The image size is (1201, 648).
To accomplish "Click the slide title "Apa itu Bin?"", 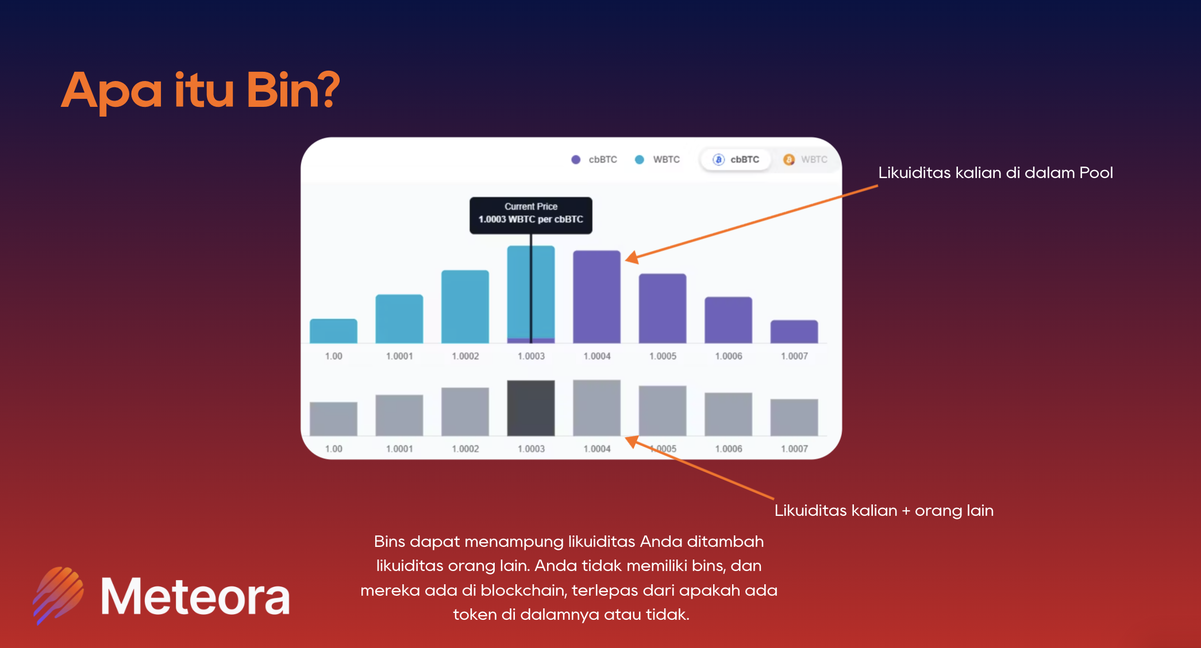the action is tap(201, 90).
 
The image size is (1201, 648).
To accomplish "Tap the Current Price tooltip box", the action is tap(531, 215).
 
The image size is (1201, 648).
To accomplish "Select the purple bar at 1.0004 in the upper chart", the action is tap(596, 296).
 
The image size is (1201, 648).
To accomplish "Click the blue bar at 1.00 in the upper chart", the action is tap(333, 331).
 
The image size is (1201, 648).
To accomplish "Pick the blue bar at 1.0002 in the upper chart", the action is tap(465, 306).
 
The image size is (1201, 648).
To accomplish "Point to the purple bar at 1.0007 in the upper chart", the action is tap(794, 331).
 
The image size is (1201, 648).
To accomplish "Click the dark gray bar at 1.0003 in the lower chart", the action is tap(531, 408).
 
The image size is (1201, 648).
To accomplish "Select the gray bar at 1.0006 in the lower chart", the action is tap(728, 414).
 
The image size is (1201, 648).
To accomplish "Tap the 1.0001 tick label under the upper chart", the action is tap(399, 356).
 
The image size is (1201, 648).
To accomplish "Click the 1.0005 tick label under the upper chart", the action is tap(663, 356).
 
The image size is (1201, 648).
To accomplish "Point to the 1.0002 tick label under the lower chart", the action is tap(465, 449).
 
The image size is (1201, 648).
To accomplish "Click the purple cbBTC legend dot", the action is tap(576, 160).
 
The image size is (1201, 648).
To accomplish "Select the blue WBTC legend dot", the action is tap(640, 160).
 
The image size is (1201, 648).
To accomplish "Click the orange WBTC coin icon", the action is tap(789, 160).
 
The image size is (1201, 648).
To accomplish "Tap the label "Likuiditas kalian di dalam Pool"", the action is tap(995, 173).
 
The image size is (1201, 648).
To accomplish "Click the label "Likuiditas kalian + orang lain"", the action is tap(884, 511).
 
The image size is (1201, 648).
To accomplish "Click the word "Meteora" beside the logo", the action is tap(195, 597).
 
